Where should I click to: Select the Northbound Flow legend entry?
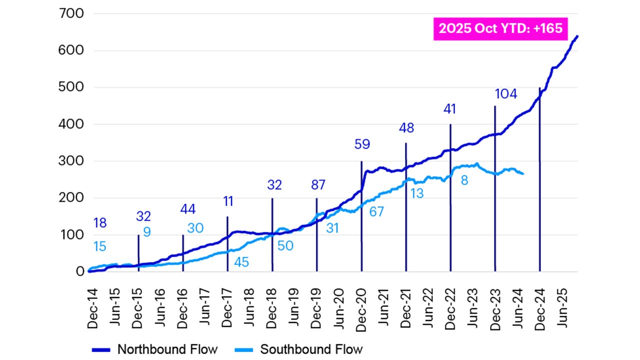[x=154, y=348]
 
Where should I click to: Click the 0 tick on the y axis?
[x=79, y=271]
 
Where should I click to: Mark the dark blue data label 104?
[x=505, y=94]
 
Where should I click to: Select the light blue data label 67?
[x=376, y=211]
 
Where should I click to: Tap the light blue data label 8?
[x=464, y=180]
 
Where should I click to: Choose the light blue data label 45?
[x=241, y=261]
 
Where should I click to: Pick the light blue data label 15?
[x=100, y=246]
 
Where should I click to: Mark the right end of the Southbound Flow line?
[x=523, y=173]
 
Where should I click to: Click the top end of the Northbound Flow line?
[x=577, y=36]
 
